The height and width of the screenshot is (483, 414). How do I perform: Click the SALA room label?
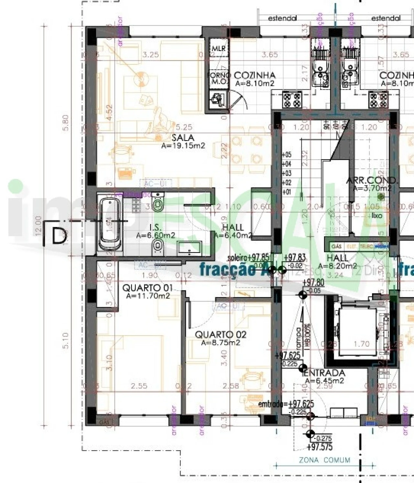[183, 137]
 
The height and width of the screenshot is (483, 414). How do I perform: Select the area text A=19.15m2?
[183, 146]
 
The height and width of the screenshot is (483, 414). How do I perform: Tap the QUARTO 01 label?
[147, 288]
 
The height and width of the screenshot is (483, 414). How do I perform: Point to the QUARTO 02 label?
[221, 335]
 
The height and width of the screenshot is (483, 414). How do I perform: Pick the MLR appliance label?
[219, 48]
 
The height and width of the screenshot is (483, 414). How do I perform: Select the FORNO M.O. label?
[219, 78]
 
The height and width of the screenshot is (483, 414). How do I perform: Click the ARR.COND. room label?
[372, 180]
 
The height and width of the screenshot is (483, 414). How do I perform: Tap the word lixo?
[377, 215]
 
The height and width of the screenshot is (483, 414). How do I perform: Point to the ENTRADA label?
[325, 373]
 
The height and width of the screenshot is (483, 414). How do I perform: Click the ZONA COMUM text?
[324, 460]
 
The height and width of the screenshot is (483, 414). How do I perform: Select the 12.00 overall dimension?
[38, 226]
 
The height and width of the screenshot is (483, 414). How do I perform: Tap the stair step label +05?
[287, 155]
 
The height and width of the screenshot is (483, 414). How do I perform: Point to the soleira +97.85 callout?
[248, 257]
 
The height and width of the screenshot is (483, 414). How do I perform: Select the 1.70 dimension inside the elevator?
[361, 344]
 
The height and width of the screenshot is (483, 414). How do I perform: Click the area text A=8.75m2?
[221, 343]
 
